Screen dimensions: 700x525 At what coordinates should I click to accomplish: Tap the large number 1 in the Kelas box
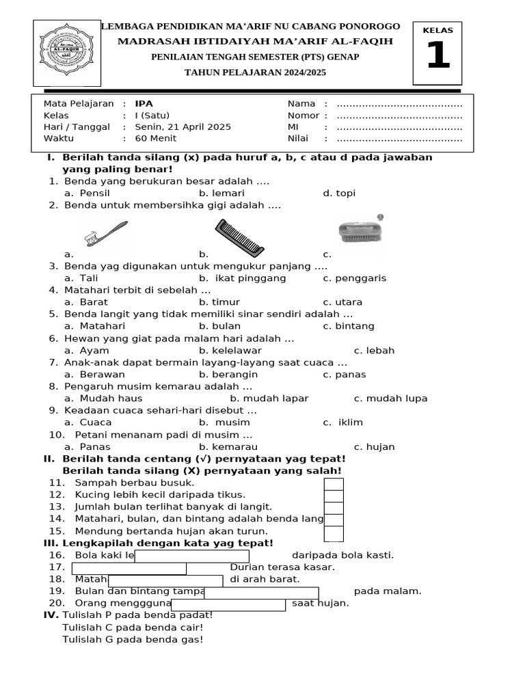[437, 56]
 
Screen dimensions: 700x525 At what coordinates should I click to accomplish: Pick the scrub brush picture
[362, 227]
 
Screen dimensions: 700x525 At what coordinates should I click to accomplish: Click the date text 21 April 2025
[183, 127]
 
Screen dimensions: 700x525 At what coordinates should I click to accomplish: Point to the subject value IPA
[144, 104]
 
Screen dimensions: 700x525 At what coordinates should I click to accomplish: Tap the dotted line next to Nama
[400, 104]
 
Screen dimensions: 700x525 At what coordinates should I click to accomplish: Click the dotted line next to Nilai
[400, 139]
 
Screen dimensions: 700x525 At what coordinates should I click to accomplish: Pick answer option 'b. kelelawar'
[230, 351]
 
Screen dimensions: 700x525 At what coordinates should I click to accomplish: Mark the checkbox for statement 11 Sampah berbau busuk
[334, 484]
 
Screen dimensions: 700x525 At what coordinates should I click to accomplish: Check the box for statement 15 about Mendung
[334, 533]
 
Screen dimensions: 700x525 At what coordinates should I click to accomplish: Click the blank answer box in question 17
[129, 568]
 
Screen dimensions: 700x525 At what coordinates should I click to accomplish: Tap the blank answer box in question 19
[261, 593]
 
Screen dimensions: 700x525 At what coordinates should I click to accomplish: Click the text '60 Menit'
[155, 139]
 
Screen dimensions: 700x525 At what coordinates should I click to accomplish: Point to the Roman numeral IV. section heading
[51, 615]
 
